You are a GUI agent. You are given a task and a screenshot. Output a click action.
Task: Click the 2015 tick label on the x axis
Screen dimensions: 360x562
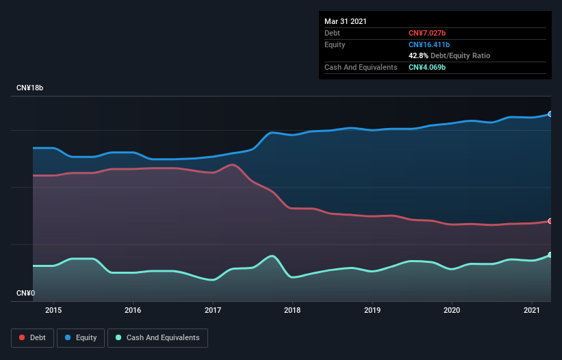53,310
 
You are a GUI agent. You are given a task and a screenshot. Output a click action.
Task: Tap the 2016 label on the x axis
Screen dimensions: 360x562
133,310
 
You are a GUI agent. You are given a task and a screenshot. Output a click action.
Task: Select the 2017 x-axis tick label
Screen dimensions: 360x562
213,310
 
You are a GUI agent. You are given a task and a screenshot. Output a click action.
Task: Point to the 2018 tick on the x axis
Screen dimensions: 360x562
292,310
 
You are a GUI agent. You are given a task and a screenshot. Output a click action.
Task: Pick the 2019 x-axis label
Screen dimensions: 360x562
372,310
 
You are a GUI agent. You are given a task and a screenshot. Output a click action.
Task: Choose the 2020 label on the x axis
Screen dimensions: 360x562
452,310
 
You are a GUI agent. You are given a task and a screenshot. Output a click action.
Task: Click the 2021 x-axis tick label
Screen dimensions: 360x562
531,310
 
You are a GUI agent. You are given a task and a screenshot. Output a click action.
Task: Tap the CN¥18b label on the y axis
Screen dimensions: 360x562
30,88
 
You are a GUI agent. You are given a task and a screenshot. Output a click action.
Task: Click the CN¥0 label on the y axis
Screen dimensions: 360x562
26,294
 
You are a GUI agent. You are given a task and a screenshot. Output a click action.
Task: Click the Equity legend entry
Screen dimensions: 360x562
81,337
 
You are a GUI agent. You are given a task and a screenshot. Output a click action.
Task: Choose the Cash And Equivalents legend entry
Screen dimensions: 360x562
157,337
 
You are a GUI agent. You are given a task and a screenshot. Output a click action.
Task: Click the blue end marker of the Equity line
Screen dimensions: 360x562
550,114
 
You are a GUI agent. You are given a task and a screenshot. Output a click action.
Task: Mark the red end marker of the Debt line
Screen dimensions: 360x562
550,221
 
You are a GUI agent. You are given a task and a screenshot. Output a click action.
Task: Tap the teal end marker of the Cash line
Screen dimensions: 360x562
550,255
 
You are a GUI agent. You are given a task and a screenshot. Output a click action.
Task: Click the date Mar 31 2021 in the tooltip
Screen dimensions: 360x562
346,21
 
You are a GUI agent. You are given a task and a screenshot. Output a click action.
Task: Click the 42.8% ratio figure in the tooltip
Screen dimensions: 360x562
418,55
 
